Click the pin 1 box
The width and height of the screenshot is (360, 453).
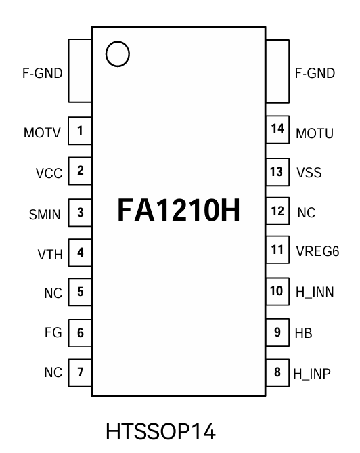(x=81, y=130)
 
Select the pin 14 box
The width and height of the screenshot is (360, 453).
(x=277, y=130)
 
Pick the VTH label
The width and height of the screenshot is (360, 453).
(x=49, y=255)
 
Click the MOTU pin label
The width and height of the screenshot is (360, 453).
(x=315, y=133)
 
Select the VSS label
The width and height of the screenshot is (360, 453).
(x=308, y=173)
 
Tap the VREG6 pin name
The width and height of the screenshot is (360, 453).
(x=317, y=252)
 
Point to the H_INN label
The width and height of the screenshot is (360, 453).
(x=315, y=293)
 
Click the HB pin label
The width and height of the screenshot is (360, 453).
(x=304, y=334)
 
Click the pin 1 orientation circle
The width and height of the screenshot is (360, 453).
(x=118, y=54)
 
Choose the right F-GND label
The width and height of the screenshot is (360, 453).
(x=315, y=73)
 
